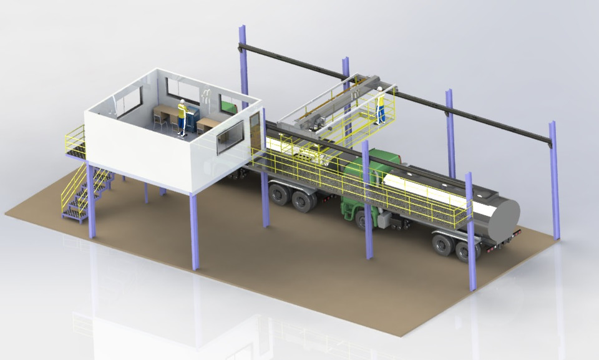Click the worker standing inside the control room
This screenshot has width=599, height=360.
click(182, 117)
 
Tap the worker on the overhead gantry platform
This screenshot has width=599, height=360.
click(380, 106)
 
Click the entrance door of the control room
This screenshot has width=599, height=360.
click(255, 131)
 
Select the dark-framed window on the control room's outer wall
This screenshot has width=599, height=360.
click(230, 137)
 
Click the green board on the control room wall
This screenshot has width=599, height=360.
click(229, 107)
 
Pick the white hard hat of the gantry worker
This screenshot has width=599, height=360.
click(379, 89)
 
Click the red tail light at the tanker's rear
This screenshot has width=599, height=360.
click(517, 233)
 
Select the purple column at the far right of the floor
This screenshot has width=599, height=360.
click(554, 181)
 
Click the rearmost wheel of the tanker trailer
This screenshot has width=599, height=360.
click(463, 250)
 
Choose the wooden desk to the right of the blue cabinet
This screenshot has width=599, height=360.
click(208, 124)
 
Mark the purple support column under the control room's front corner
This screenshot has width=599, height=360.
click(194, 231)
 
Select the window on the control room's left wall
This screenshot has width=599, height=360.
click(129, 102)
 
